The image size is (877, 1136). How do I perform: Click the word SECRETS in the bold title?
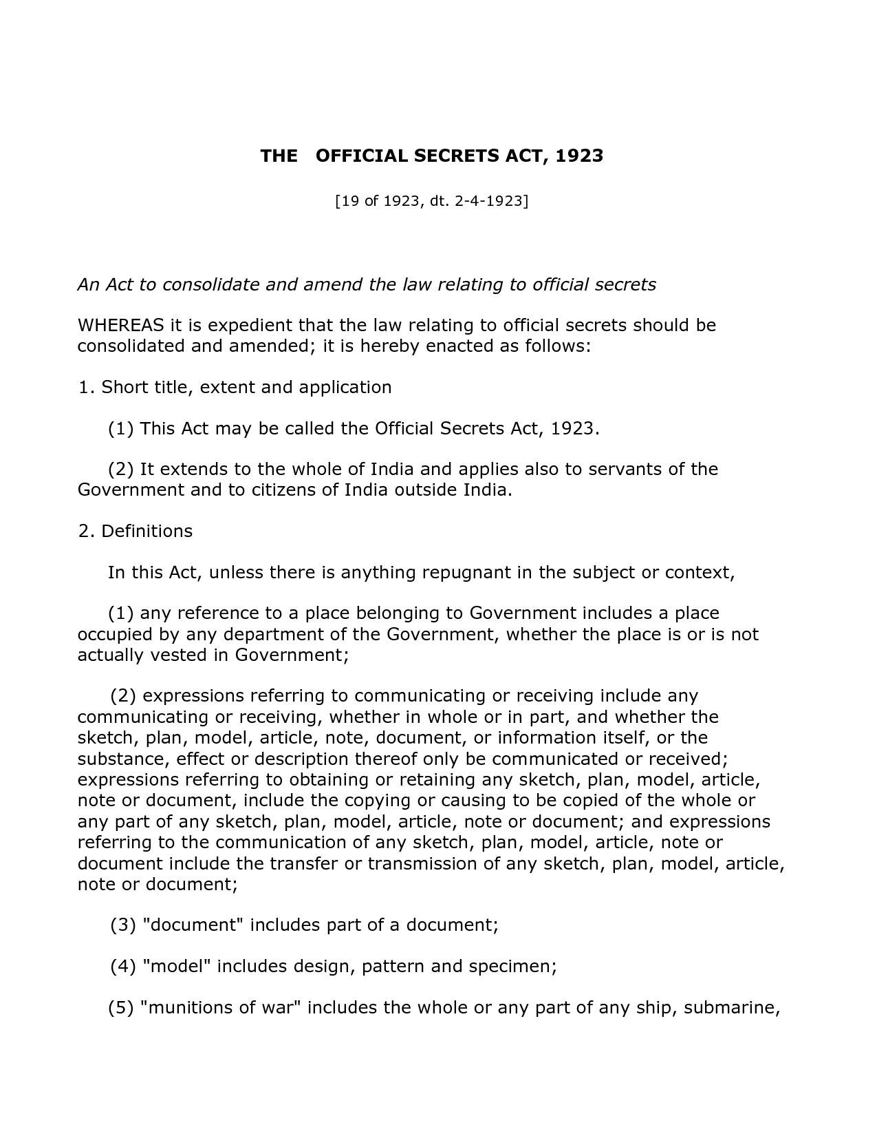pos(456,156)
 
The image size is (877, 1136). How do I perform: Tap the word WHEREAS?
pos(120,325)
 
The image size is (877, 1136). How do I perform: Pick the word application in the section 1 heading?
pos(345,387)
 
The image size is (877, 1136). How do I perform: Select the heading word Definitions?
pos(147,532)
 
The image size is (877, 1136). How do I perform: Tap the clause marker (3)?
pos(123,925)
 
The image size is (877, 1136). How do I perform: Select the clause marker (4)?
pos(123,966)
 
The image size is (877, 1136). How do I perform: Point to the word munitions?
pos(187,1008)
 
